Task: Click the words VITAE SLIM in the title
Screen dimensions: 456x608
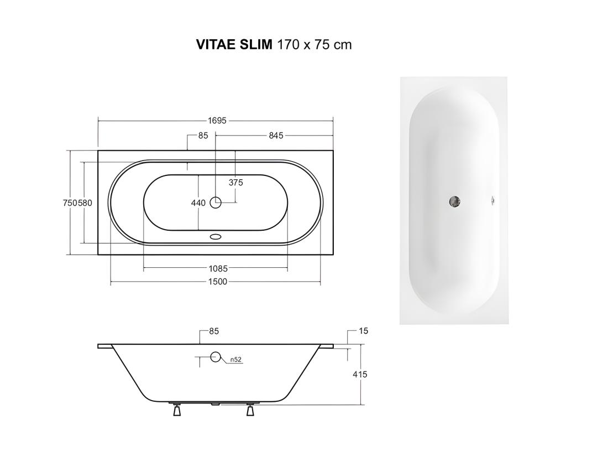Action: (x=234, y=45)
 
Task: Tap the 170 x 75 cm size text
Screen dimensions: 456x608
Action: (x=314, y=45)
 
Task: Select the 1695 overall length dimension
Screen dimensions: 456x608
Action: (x=217, y=121)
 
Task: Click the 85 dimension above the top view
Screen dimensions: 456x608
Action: (x=203, y=136)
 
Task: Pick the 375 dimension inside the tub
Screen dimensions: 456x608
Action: (x=235, y=182)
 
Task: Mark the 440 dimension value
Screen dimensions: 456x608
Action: (x=198, y=203)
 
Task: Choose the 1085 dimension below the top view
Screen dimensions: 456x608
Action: (x=218, y=269)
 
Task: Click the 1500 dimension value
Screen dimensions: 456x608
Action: (x=218, y=282)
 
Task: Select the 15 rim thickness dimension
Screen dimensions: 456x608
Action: (x=363, y=331)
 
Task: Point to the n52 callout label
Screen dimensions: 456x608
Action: (x=236, y=360)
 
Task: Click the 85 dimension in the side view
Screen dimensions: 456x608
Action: (x=214, y=331)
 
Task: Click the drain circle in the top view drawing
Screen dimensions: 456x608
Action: (x=216, y=203)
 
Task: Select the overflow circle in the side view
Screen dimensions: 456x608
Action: (x=216, y=357)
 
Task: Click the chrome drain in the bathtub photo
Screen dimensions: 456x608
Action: (x=455, y=202)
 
